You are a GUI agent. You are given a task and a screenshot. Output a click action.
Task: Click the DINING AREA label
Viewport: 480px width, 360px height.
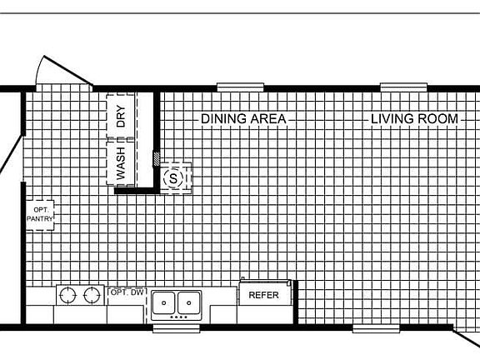pyautogui.click(x=243, y=119)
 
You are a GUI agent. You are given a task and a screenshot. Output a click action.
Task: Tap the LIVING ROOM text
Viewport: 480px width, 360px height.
pyautogui.click(x=415, y=119)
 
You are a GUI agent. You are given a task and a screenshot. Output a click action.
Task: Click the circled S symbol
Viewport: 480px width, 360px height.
pyautogui.click(x=173, y=177)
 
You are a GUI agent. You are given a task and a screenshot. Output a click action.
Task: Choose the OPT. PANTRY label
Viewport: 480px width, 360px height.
pyautogui.click(x=40, y=213)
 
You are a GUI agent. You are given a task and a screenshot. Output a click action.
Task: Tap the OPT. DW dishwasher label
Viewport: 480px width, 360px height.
pyautogui.click(x=126, y=292)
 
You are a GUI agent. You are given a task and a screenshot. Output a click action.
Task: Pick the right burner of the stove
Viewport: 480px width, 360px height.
pyautogui.click(x=90, y=296)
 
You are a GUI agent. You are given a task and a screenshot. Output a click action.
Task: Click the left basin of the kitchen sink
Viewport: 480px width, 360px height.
pyautogui.click(x=164, y=301)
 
